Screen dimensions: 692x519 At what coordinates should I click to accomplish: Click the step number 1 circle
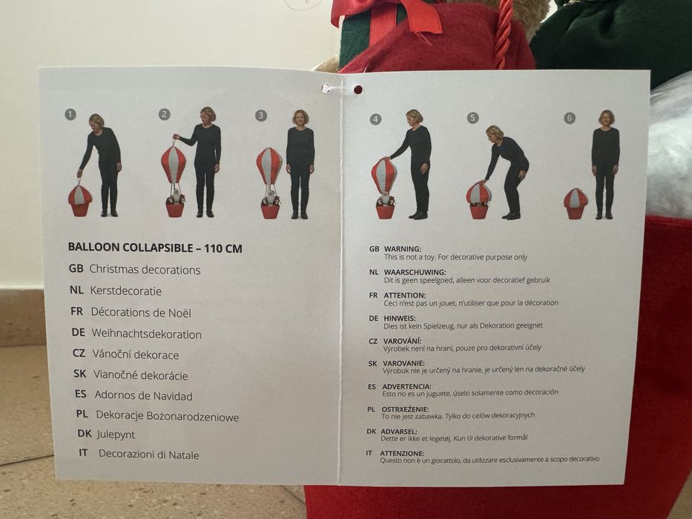click(x=70, y=115)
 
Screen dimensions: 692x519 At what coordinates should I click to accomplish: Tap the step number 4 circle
click(x=375, y=119)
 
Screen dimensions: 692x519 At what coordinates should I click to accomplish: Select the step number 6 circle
click(x=570, y=118)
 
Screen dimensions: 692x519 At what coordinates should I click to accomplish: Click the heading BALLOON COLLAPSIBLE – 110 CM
click(x=155, y=248)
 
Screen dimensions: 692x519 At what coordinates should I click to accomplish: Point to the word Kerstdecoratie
click(x=126, y=291)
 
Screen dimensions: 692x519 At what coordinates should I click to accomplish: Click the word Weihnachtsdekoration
click(x=147, y=334)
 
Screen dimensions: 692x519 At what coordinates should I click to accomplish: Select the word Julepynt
click(x=116, y=434)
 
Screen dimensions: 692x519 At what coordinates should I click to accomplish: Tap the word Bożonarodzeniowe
click(x=192, y=417)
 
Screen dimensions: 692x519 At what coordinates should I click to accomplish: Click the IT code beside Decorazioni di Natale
click(x=83, y=453)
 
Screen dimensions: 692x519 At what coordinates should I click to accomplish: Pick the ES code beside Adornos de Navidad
click(x=81, y=394)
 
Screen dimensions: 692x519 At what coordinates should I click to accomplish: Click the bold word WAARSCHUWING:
click(x=415, y=272)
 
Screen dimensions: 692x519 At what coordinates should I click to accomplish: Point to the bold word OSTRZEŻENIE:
click(x=405, y=409)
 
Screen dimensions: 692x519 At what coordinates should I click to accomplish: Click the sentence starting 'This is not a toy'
click(x=455, y=257)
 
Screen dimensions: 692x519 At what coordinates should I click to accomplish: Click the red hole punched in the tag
click(x=358, y=90)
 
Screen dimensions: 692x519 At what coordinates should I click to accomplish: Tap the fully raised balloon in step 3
click(x=269, y=165)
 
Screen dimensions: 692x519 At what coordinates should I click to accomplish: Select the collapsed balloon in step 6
click(x=576, y=203)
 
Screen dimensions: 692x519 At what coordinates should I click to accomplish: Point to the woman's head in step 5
click(x=495, y=132)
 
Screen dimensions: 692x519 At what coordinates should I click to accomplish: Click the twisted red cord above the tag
click(x=503, y=33)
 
